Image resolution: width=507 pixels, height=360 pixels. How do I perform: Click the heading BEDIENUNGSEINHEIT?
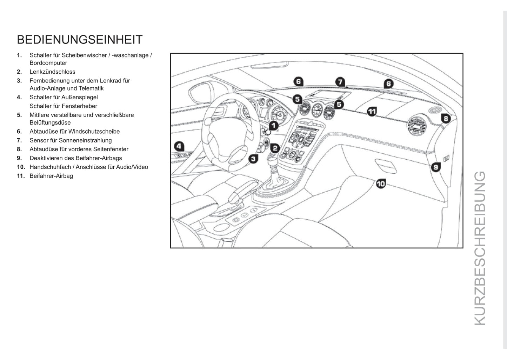(x=80, y=40)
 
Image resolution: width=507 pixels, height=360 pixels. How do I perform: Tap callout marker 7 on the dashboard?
(x=340, y=82)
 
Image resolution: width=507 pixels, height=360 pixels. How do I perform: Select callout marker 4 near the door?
(x=179, y=146)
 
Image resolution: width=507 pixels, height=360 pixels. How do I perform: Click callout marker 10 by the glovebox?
(x=381, y=184)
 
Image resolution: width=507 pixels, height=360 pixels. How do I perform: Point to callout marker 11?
(x=372, y=111)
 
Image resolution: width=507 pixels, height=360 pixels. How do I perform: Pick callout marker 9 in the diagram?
(x=436, y=167)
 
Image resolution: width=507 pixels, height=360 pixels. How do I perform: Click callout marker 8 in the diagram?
(x=446, y=119)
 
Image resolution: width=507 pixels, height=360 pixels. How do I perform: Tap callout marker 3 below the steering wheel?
(x=253, y=159)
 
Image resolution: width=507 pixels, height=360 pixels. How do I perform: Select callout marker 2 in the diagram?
(x=275, y=148)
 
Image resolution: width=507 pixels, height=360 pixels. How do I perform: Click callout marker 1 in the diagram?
(x=273, y=126)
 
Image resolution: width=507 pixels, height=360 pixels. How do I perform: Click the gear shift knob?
(x=273, y=164)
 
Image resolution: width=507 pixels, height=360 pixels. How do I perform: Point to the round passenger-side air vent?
(x=416, y=126)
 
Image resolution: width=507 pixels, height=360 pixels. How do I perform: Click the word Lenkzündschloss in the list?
(x=52, y=72)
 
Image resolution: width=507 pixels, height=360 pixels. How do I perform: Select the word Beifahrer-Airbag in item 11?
(x=51, y=176)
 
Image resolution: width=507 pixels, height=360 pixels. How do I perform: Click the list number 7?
(x=19, y=140)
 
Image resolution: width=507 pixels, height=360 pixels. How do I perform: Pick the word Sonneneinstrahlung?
(x=85, y=140)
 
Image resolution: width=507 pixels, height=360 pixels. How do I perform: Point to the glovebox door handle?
(x=386, y=166)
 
